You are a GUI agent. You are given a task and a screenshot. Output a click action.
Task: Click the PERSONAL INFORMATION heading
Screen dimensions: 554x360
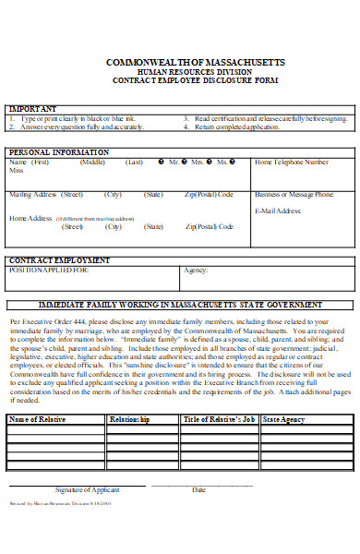click(53, 152)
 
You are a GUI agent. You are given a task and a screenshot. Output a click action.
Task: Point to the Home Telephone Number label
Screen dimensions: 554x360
click(292, 163)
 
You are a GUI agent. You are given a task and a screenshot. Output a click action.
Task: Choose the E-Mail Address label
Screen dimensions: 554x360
click(278, 211)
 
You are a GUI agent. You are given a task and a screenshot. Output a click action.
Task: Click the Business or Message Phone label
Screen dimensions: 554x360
click(294, 195)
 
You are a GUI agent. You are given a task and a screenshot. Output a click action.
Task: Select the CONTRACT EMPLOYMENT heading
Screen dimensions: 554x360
click(53, 259)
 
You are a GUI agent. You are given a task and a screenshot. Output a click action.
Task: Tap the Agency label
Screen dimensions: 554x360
click(195, 271)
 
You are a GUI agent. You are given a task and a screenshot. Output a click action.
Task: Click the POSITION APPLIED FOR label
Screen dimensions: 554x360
click(49, 270)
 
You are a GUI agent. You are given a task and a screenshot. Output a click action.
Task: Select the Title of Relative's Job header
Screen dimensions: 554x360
click(219, 419)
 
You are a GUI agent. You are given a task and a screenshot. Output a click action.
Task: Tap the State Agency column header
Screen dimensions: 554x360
click(284, 419)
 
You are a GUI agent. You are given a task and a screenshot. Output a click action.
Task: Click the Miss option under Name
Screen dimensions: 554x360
click(16, 171)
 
